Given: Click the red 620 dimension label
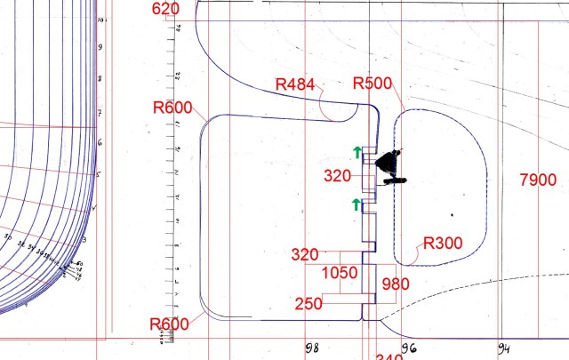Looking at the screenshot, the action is [166, 9].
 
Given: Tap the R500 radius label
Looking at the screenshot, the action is [373, 84].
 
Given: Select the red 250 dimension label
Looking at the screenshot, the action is [309, 303].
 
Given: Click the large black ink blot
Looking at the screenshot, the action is [389, 163].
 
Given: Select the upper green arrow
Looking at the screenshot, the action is [357, 152].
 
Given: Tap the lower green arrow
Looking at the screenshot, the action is [357, 205].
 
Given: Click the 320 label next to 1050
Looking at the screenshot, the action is [305, 255].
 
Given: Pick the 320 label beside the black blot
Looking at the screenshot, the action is [337, 176].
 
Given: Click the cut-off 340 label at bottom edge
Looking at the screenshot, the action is [389, 356].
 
